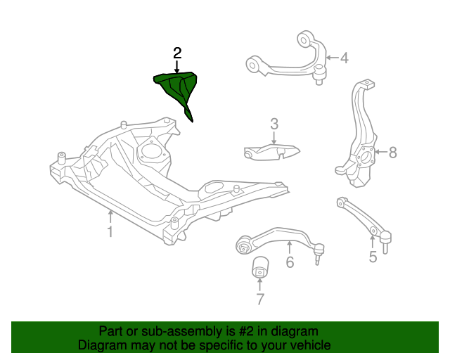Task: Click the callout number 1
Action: (110, 231)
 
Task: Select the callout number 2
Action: (177, 53)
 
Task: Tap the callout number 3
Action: (274, 124)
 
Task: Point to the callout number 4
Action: (344, 58)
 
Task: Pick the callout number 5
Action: (373, 257)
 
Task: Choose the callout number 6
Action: (289, 263)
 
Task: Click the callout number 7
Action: (260, 300)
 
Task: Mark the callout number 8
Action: (392, 152)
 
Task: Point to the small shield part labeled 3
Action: (271, 151)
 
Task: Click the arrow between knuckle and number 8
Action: (380, 152)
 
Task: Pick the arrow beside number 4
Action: (331, 58)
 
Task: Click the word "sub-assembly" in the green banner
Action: (160, 331)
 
